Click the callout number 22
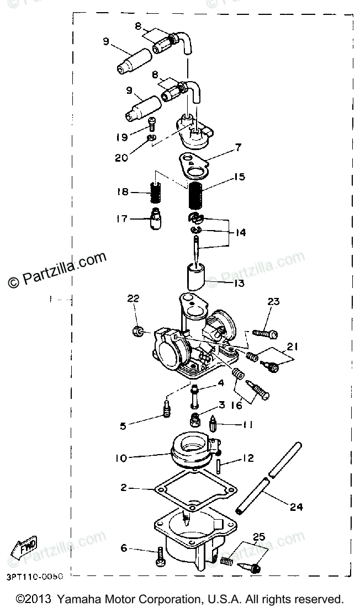(x=134, y=298)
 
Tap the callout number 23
(x=274, y=302)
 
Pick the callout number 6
(x=124, y=548)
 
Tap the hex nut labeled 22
(x=139, y=332)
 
